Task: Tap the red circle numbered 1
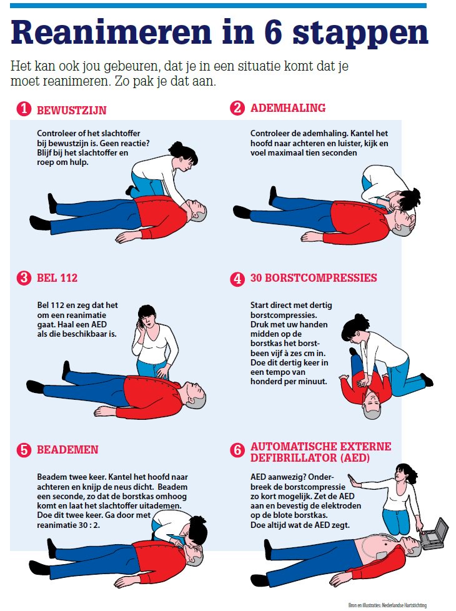[x=24, y=109]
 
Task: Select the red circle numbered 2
[x=237, y=109]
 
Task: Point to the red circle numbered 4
[x=237, y=279]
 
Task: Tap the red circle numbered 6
[x=237, y=450]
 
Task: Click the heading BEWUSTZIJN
[x=71, y=111]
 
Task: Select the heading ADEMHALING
[x=288, y=108]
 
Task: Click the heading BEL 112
[x=57, y=278]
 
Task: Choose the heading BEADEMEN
[x=67, y=450]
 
